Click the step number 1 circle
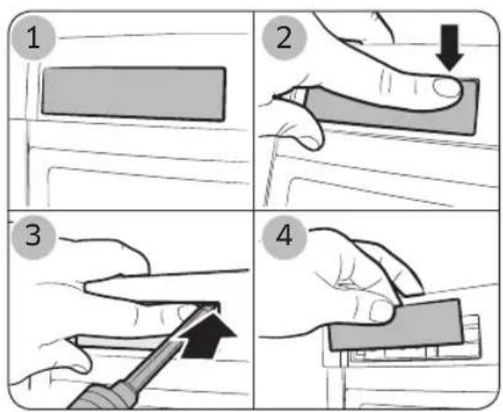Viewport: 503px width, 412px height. [x=33, y=38]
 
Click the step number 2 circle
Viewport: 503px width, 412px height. [x=285, y=38]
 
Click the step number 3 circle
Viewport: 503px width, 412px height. [x=33, y=237]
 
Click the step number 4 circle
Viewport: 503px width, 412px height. [x=285, y=237]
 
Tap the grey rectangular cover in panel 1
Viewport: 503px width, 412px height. [x=133, y=94]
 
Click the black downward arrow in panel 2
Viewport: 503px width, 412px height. [x=450, y=48]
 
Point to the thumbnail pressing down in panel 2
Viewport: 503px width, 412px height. [x=446, y=87]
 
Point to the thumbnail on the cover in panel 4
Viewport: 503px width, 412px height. [x=381, y=310]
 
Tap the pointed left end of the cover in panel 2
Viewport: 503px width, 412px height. [x=275, y=96]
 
